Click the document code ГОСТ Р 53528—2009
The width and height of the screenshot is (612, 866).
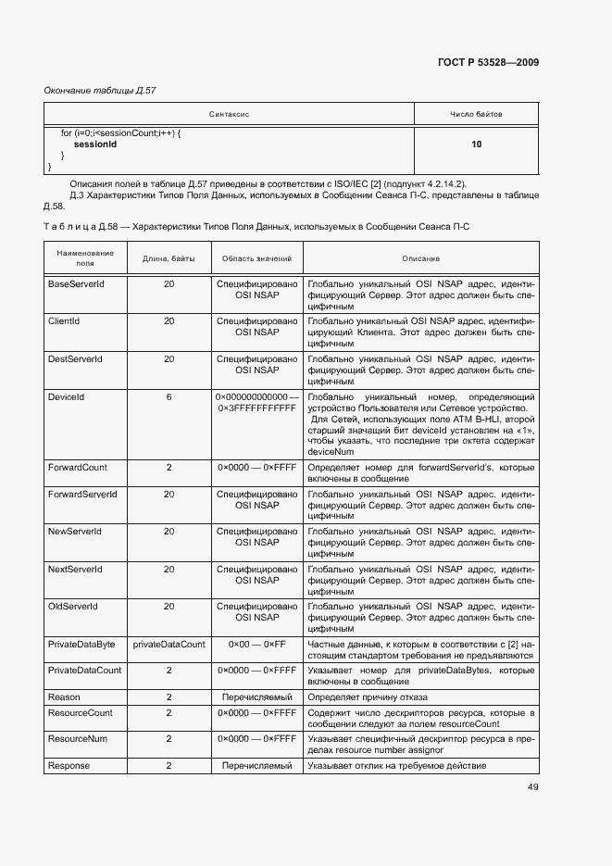(x=487, y=63)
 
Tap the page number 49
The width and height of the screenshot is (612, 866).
(x=533, y=787)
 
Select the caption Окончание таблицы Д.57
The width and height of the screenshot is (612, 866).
(x=100, y=91)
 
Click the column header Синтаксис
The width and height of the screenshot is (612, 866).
(x=230, y=114)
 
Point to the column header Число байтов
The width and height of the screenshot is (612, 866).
(x=476, y=114)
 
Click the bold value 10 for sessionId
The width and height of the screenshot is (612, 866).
(x=476, y=144)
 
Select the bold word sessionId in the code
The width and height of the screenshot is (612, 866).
(x=94, y=144)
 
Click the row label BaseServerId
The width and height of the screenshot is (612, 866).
(x=76, y=283)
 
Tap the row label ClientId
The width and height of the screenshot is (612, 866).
(x=64, y=320)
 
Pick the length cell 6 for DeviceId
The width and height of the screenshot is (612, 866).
(x=169, y=396)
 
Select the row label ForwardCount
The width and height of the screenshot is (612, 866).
(x=78, y=468)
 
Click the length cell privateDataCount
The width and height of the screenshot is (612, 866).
(x=169, y=643)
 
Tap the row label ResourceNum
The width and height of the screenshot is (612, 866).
(x=77, y=738)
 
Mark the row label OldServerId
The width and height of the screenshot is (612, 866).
(x=73, y=606)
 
